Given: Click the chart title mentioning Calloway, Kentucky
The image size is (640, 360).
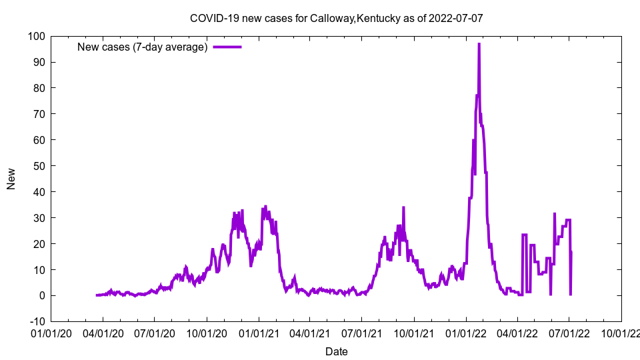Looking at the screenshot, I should [x=336, y=18].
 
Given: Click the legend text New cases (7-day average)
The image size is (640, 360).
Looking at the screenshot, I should [x=143, y=47].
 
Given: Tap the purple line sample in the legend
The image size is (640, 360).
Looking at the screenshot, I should [x=227, y=47].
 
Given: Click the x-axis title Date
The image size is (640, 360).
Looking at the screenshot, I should [x=336, y=351].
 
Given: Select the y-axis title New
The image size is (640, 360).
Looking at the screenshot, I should [x=11, y=179].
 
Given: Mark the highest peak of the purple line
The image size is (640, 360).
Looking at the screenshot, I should [x=479, y=44].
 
